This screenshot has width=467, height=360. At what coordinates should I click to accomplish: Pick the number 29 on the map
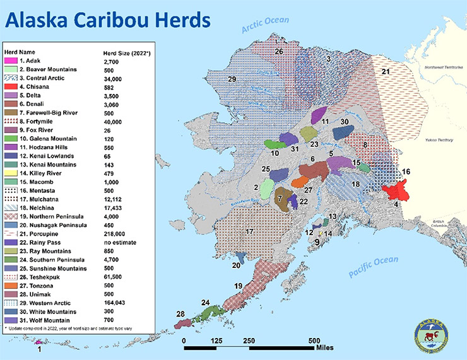[x=232, y=79]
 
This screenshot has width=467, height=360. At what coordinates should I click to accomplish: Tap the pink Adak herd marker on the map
[x=39, y=341]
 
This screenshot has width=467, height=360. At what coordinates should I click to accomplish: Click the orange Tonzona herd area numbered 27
[x=300, y=182]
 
